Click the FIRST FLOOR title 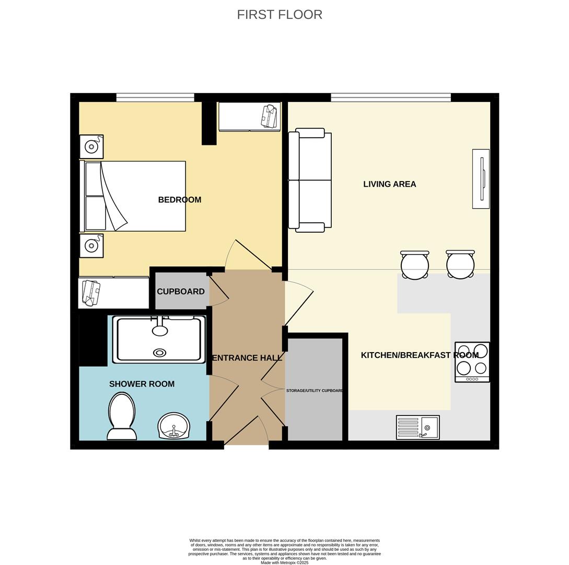(280, 15)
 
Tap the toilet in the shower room (122, 416)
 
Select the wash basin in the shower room (173, 425)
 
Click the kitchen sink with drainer (417, 427)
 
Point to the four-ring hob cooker (472, 362)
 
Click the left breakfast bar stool (415, 265)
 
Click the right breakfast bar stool (460, 265)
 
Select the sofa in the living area (310, 180)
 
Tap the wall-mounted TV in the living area (481, 179)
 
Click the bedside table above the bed (91, 146)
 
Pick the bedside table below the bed (91, 245)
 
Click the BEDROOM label (179, 200)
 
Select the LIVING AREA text (389, 184)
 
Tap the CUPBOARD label (180, 292)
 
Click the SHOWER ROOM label (142, 384)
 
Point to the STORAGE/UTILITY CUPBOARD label (315, 391)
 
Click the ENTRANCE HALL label (247, 358)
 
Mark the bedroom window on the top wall (155, 97)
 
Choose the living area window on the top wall (390, 97)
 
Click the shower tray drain (159, 353)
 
